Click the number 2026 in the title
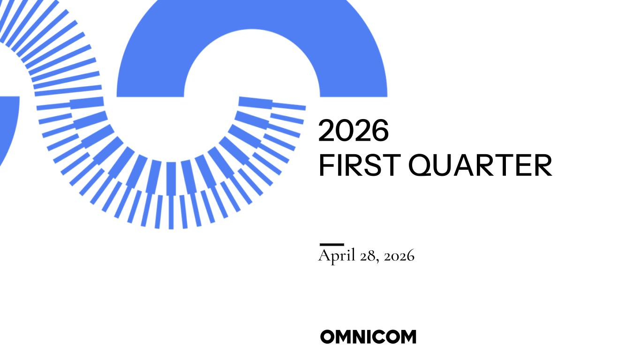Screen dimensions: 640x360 [x=354, y=130]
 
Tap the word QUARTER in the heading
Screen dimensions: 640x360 [x=480, y=165]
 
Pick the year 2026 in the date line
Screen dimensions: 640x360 [x=399, y=256]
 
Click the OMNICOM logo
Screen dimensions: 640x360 [x=368, y=337]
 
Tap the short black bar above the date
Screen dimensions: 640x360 [x=331, y=245]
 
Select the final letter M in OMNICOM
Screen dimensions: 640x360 [x=408, y=337]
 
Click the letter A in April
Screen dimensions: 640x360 [x=324, y=255]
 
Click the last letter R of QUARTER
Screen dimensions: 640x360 [x=543, y=165]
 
